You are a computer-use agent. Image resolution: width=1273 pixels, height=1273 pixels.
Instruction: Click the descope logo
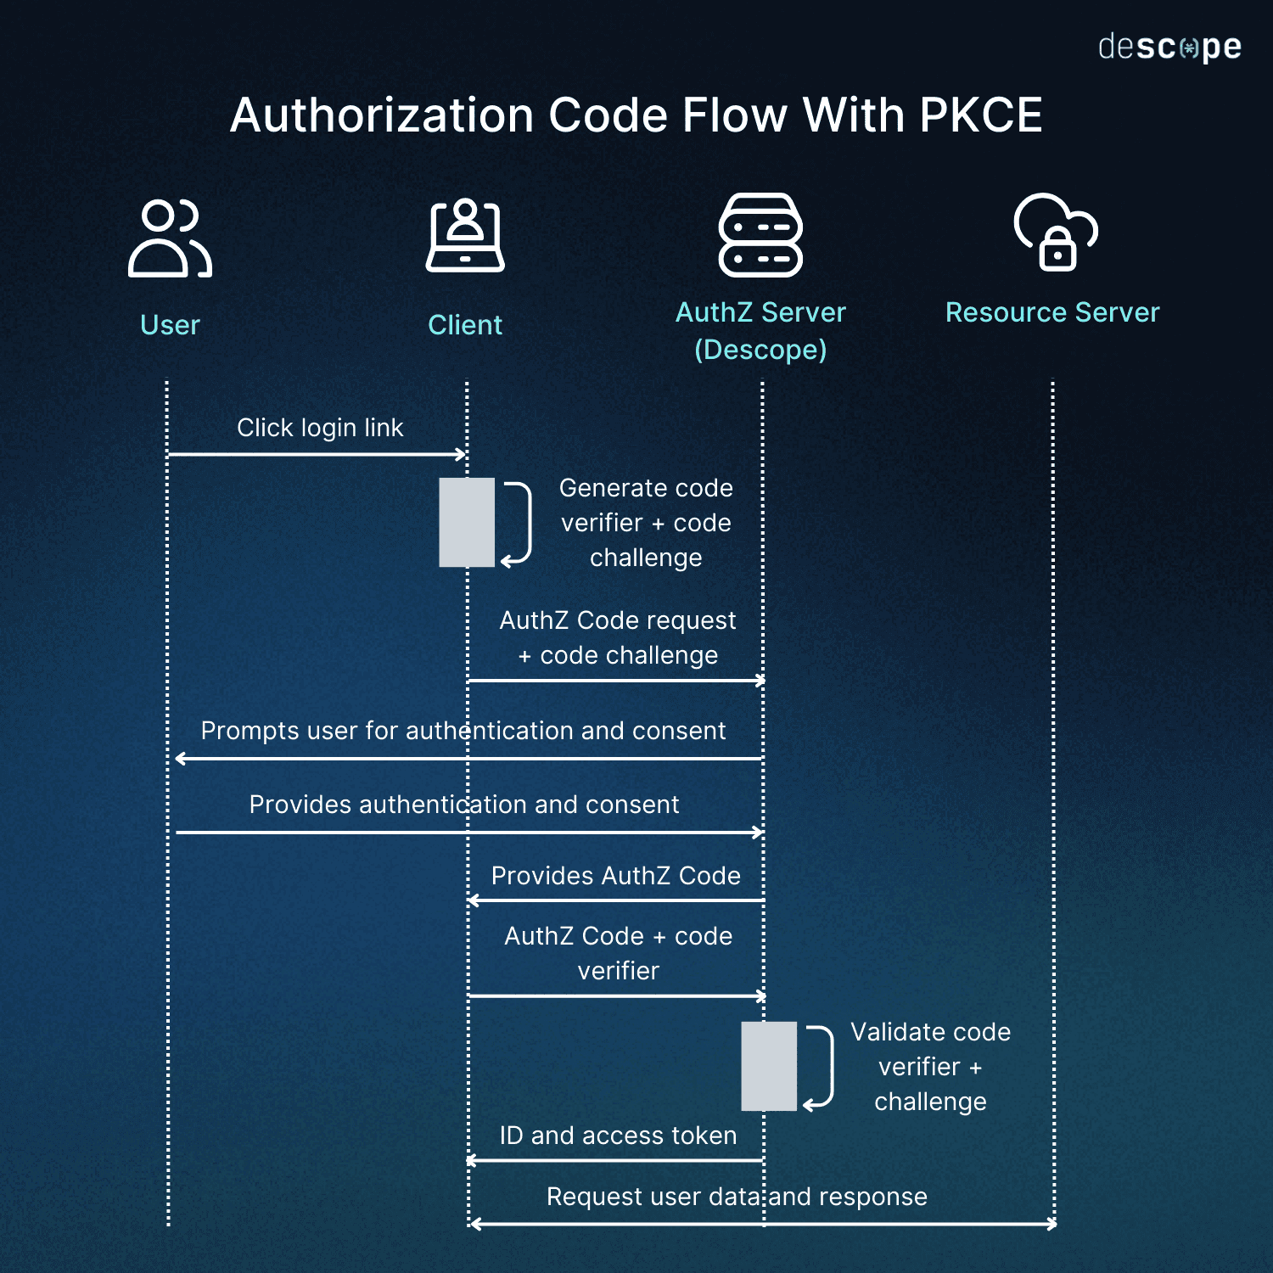click(1169, 48)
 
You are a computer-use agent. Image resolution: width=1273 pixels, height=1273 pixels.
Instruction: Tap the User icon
click(170, 238)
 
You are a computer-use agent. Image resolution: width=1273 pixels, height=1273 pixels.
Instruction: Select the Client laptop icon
click(465, 237)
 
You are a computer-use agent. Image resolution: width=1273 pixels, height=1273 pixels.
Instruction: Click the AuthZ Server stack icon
click(760, 235)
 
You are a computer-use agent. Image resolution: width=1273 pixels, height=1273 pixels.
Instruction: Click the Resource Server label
click(1052, 312)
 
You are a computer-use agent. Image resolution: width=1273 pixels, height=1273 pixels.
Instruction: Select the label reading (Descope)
click(760, 350)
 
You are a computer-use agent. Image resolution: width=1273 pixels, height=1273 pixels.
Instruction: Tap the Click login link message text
click(320, 428)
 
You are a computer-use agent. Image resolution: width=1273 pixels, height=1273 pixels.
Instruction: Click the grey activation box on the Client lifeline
click(466, 522)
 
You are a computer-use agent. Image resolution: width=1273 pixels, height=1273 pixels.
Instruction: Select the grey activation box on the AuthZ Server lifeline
click(769, 1066)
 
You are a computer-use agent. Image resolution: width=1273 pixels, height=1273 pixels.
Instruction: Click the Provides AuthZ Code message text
click(615, 876)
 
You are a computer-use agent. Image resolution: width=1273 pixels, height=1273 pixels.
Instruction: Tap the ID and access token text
click(618, 1136)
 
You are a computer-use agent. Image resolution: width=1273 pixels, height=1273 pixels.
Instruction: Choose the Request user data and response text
click(737, 1197)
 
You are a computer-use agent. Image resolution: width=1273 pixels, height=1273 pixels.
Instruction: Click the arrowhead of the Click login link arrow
click(462, 455)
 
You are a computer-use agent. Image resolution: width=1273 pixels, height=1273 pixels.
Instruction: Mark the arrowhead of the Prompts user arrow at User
click(179, 759)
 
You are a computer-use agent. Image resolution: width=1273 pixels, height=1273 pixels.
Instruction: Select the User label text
click(170, 325)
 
